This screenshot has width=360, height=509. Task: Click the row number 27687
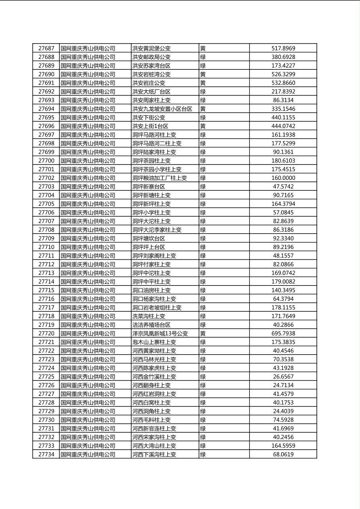46,48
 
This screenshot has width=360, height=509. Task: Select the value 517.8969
283,48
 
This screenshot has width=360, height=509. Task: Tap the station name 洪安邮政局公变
151,57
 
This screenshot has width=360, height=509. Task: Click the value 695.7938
283,334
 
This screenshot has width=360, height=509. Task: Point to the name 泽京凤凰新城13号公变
160,334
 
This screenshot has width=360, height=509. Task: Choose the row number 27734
46,455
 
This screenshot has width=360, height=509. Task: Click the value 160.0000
283,178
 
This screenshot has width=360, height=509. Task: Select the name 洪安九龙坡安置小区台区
162,109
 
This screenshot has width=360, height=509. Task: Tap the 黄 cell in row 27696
203,126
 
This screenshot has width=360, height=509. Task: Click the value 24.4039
283,411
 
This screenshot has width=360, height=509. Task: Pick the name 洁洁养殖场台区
151,325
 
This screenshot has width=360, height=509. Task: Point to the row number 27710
46,247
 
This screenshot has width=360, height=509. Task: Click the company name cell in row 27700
88,161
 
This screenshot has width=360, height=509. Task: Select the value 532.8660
283,83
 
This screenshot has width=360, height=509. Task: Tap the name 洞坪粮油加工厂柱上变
159,178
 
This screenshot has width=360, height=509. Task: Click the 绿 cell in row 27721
203,342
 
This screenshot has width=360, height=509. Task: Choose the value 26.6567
283,377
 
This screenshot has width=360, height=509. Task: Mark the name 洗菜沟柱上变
149,316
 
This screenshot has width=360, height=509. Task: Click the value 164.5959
283,446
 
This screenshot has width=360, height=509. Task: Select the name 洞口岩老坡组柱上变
157,308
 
